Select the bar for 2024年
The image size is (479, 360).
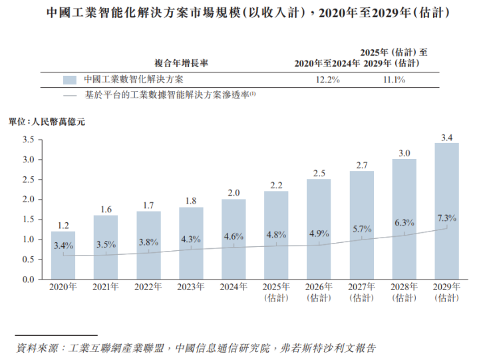pos(234,239)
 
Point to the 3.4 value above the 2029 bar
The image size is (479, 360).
pos(446,138)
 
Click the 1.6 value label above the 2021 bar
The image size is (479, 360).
pos(106,210)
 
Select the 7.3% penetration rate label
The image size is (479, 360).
pos(446,218)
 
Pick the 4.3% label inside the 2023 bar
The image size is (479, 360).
pos(191,238)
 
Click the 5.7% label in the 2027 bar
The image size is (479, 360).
pos(361,229)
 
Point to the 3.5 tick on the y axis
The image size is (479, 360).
pos(28,140)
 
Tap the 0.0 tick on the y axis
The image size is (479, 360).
pos(28,279)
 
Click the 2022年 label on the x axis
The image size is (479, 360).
pos(148,287)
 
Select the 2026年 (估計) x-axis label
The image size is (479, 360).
pos(319,292)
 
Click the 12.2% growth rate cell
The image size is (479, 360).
pos(327,80)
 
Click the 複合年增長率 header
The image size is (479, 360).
pos(182,64)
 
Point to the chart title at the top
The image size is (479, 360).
pos(239,13)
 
